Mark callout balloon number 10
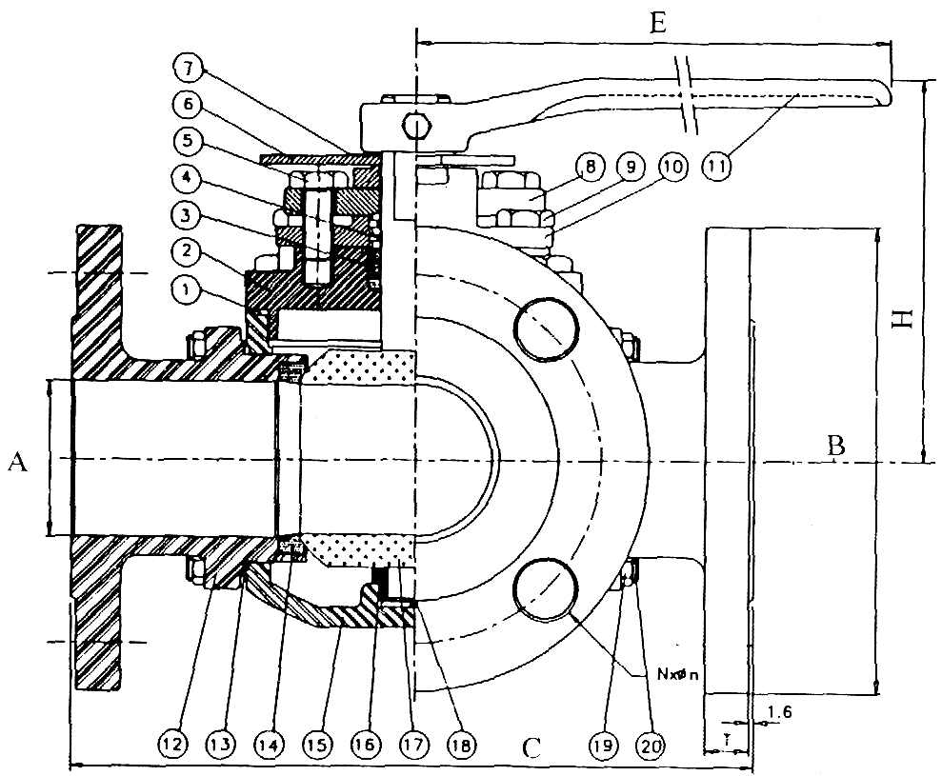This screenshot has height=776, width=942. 673,165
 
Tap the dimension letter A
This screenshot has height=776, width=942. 16,462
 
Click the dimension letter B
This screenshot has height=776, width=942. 835,444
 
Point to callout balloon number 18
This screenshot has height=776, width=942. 461,741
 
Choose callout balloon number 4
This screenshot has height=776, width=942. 187,178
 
